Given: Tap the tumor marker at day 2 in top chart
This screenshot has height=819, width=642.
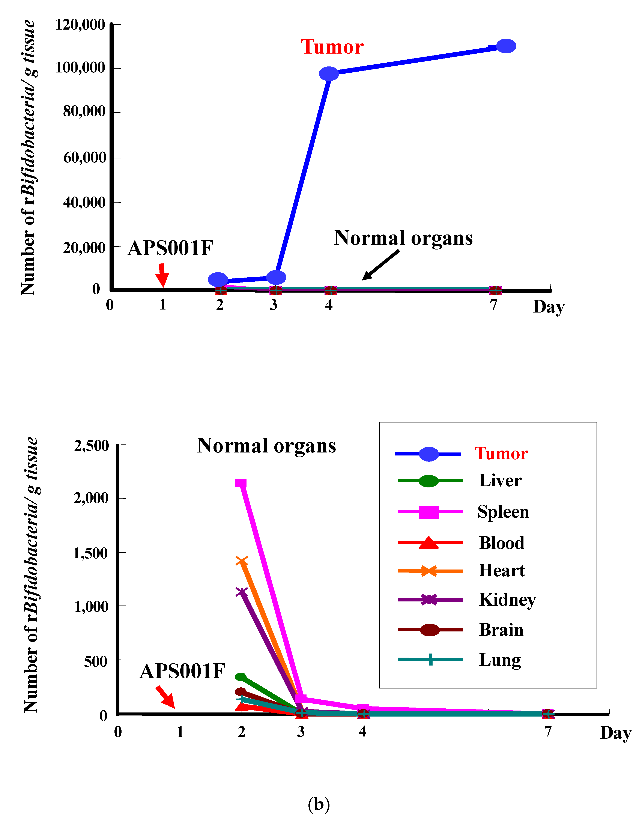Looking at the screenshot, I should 218,280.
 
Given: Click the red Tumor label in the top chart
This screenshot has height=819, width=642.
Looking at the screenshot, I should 332,47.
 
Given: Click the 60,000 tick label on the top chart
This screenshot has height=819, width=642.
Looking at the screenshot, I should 85,158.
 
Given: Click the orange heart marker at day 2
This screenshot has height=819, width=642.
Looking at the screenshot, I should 242,562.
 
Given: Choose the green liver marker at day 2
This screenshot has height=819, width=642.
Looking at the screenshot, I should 241,677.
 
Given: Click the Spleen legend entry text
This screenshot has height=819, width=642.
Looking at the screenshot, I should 503,512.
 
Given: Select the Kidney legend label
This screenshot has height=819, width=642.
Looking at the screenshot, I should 507,600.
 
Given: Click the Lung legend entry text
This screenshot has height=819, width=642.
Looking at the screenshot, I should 499,660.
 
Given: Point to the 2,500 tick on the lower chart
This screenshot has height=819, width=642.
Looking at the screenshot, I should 91,446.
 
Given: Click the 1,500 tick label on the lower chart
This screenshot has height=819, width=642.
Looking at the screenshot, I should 91,553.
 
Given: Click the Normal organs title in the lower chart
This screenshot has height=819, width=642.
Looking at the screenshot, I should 266,446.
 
